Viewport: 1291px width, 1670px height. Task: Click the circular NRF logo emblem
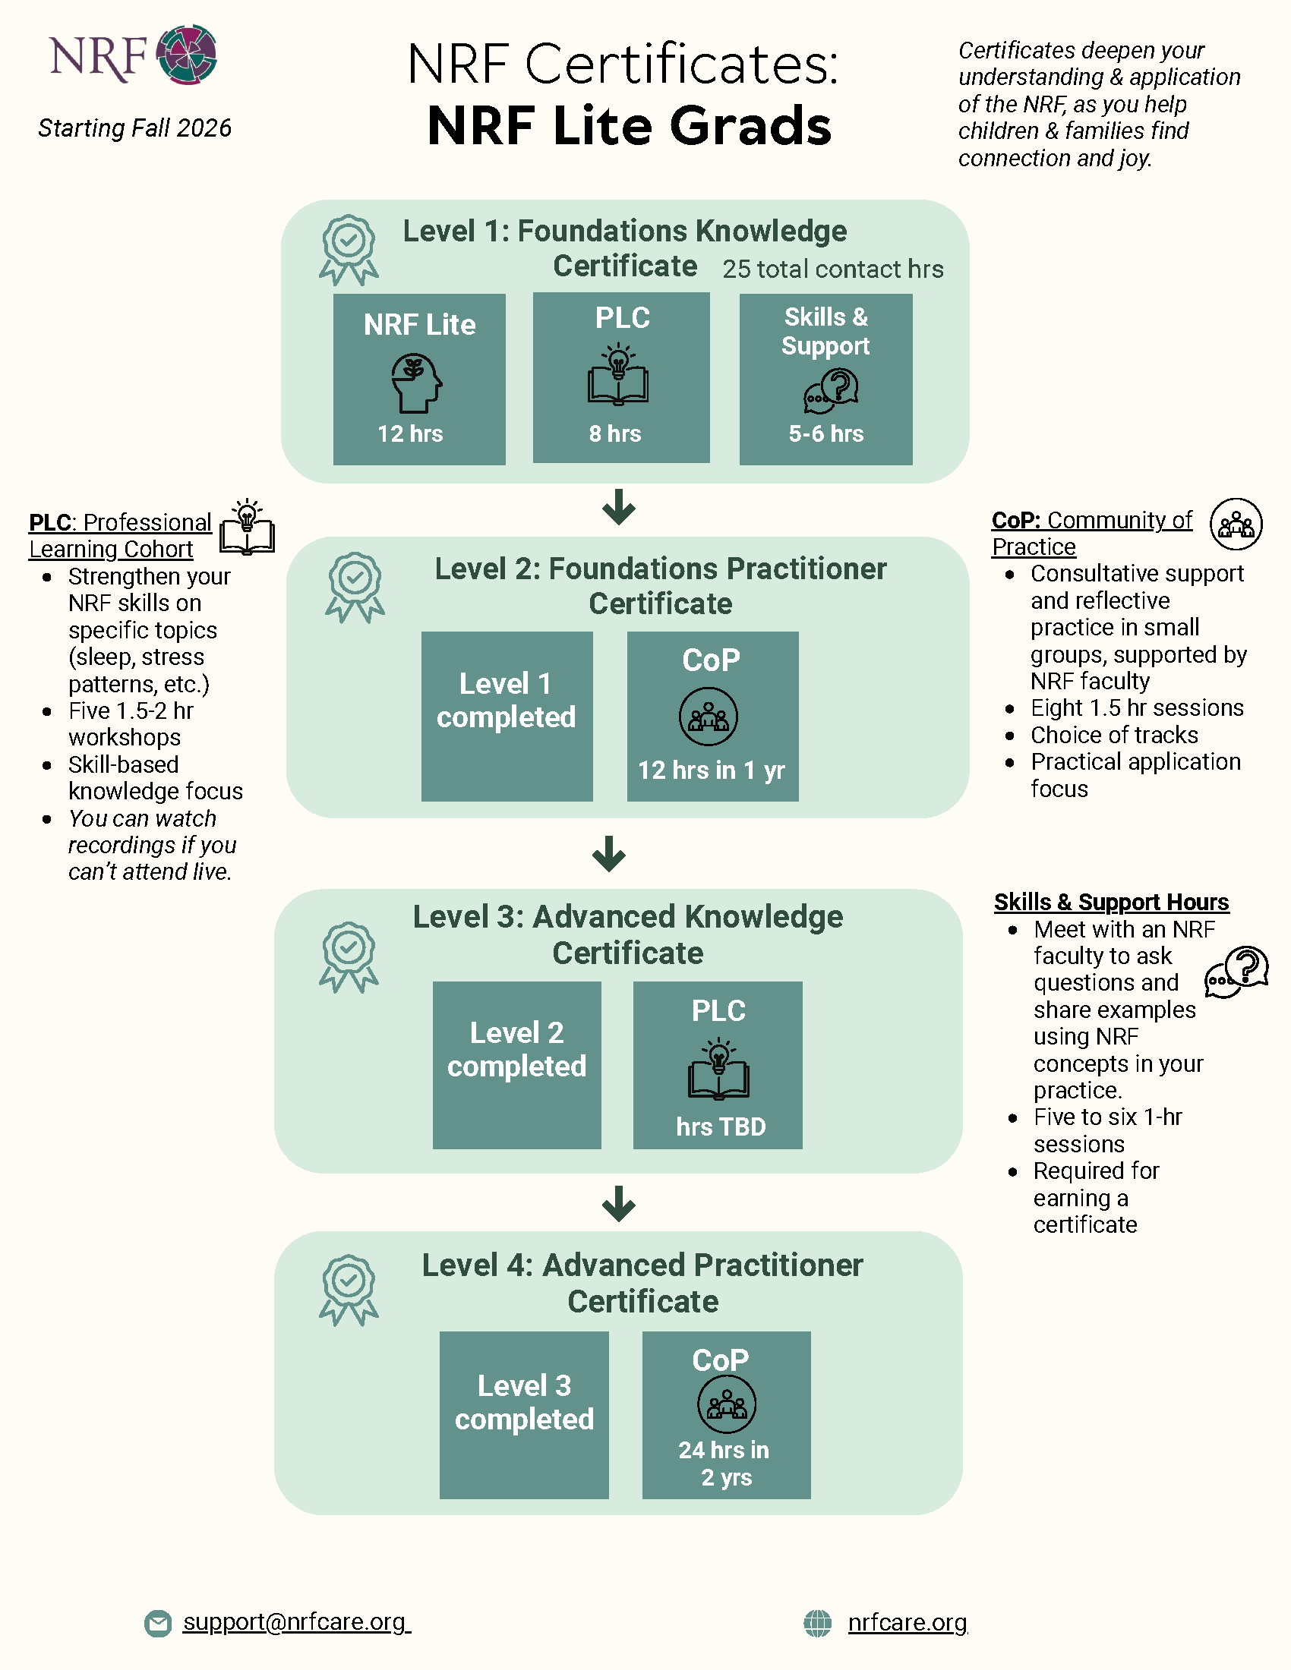pyautogui.click(x=187, y=55)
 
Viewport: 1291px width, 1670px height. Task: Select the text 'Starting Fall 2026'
pyautogui.click(x=134, y=128)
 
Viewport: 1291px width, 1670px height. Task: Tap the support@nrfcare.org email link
pyautogui.click(x=296, y=1622)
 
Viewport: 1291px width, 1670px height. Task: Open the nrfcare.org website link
pyautogui.click(x=907, y=1622)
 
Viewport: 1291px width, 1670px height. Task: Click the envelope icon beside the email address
pyautogui.click(x=158, y=1624)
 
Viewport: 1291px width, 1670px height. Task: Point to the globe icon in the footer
pyautogui.click(x=818, y=1623)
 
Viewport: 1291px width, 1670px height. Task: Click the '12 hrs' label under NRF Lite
pyautogui.click(x=411, y=433)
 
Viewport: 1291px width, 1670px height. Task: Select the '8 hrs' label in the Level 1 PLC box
pyautogui.click(x=615, y=433)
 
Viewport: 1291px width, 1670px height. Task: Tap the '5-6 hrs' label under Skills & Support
pyautogui.click(x=826, y=433)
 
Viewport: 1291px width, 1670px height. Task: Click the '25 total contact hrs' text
pyautogui.click(x=833, y=269)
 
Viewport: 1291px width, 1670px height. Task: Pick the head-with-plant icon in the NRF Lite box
pyautogui.click(x=417, y=383)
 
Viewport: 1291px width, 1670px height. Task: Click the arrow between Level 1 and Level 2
pyautogui.click(x=619, y=507)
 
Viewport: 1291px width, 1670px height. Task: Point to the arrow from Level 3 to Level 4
pyautogui.click(x=619, y=1204)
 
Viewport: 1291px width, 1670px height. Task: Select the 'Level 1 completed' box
pyautogui.click(x=507, y=717)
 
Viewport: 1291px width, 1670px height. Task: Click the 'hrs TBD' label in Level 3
pyautogui.click(x=721, y=1126)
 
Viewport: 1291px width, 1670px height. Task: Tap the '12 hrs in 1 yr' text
pyautogui.click(x=712, y=770)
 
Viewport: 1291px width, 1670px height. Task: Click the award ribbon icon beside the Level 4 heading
pyautogui.click(x=349, y=1290)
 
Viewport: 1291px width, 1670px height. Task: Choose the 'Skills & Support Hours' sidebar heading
pyautogui.click(x=1111, y=903)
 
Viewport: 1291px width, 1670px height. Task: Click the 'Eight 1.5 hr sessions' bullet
pyautogui.click(x=1138, y=708)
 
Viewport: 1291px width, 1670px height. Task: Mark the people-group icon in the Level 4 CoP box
pyautogui.click(x=727, y=1404)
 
